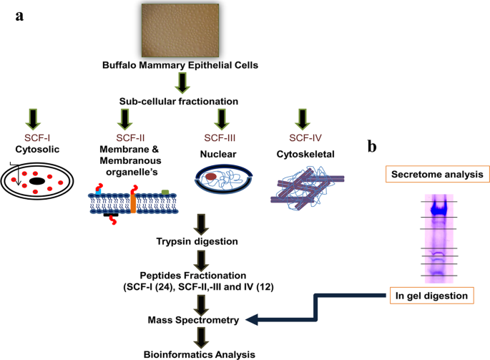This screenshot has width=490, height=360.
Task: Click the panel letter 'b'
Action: (373, 147)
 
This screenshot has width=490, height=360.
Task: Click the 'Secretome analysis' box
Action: (435, 173)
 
